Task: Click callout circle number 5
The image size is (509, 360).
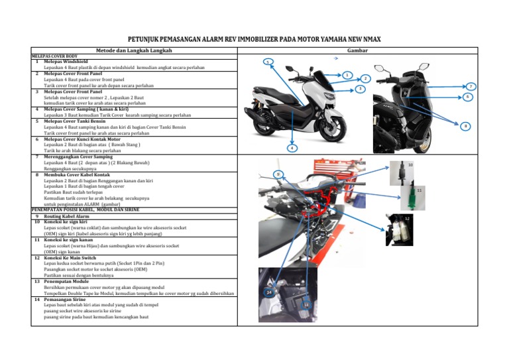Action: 266,62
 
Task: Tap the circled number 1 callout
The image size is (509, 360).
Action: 347,76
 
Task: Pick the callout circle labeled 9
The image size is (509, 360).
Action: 279,174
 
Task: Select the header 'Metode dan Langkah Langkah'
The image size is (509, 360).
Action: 135,50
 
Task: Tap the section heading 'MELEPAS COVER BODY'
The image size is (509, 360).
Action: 55,56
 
